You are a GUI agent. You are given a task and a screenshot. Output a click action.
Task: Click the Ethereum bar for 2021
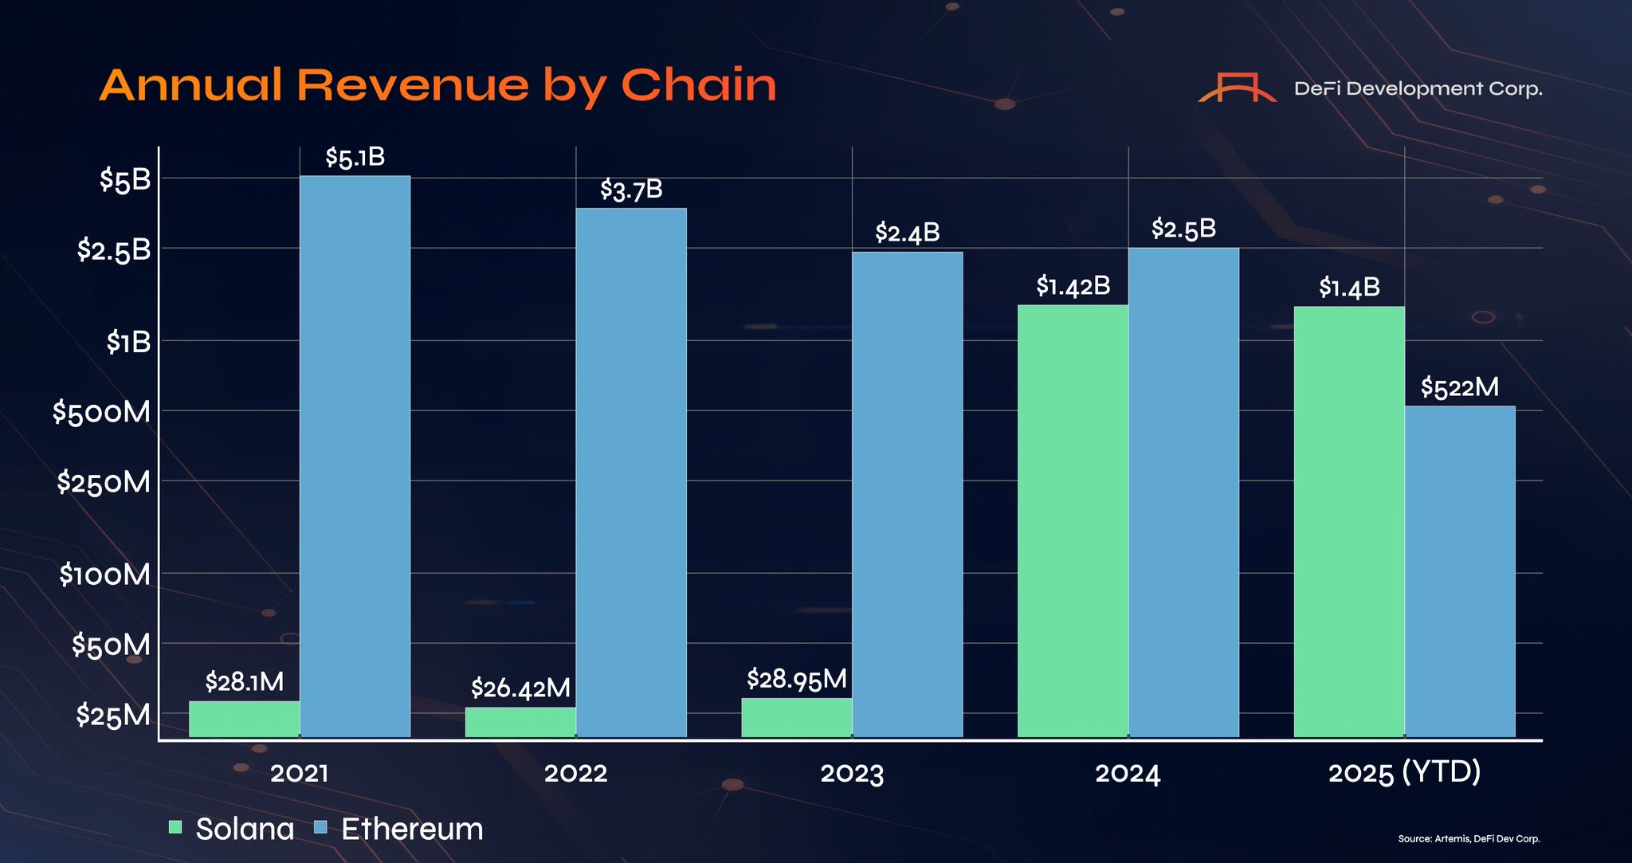coord(355,454)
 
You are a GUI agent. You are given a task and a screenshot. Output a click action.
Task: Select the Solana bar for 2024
coord(1073,518)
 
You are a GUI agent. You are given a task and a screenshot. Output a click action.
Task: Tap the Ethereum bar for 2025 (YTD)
coord(1459,570)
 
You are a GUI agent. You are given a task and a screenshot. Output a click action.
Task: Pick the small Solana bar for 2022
coord(520,721)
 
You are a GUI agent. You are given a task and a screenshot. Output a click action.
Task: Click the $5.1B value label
coord(355,158)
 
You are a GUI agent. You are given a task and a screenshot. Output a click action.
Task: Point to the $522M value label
coord(1459,388)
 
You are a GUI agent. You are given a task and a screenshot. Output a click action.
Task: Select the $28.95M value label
coord(796,680)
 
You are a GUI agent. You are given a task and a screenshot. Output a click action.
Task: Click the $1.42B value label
coord(1073,286)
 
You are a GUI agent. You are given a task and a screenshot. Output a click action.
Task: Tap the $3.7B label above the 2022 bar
coord(631,190)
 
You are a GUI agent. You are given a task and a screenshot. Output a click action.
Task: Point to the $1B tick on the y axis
coord(128,343)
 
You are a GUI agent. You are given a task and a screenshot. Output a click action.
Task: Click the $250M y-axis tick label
coord(103,482)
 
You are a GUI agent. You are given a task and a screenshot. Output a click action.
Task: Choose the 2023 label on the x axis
coord(852,773)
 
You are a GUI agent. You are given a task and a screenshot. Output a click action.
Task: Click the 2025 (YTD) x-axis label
coord(1404,772)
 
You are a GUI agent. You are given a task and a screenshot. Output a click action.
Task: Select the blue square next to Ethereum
coord(321,827)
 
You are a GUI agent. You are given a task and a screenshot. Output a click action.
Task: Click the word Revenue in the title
coord(413,85)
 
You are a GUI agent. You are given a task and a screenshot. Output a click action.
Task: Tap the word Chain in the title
coord(698,85)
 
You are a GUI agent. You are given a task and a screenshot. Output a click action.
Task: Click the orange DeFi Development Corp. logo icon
coord(1237,88)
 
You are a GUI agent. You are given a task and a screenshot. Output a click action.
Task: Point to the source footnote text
coord(1469,839)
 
